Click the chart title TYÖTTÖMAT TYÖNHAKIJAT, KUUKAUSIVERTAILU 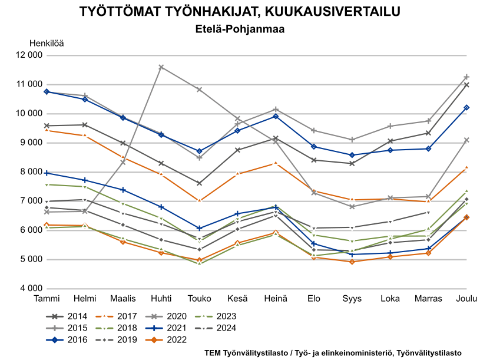pyautogui.click(x=240, y=12)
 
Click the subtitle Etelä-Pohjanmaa pyautogui.click(x=240, y=29)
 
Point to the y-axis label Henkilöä pyautogui.click(x=47, y=43)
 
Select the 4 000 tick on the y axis pyautogui.click(x=30, y=288)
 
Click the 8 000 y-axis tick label pyautogui.click(x=30, y=172)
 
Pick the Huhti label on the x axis pyautogui.click(x=161, y=299)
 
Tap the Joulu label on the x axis pyautogui.click(x=466, y=299)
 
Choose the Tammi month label pyautogui.click(x=47, y=299)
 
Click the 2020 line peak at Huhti pyautogui.click(x=161, y=67)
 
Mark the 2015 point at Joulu pyautogui.click(x=466, y=77)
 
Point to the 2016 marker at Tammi pyautogui.click(x=47, y=92)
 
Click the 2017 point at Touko pyautogui.click(x=199, y=200)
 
